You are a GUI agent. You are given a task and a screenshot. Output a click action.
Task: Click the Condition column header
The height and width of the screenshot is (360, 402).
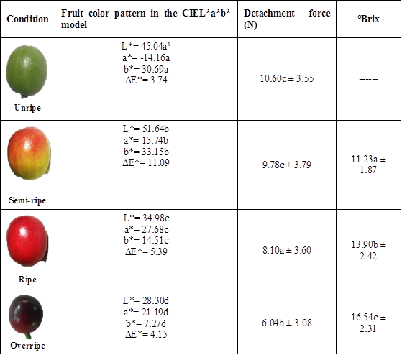[x=27, y=19]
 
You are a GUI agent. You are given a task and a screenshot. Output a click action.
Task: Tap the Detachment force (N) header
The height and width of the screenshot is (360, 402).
[x=286, y=19]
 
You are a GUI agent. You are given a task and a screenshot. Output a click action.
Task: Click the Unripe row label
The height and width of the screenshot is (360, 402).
[x=27, y=107]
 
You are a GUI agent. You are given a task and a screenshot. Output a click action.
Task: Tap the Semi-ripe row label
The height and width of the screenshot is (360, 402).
[x=27, y=200]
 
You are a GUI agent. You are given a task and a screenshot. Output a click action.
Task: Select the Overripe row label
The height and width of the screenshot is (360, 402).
[x=27, y=346]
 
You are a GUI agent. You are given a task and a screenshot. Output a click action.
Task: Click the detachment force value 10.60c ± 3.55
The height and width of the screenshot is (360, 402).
[x=286, y=78]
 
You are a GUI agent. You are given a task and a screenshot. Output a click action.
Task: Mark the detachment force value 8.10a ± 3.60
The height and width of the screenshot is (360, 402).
[x=286, y=249]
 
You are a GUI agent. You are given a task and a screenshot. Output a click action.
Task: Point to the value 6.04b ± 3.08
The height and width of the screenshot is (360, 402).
[x=286, y=323]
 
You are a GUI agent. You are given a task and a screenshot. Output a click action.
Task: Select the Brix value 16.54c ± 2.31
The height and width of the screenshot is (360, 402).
[x=367, y=323]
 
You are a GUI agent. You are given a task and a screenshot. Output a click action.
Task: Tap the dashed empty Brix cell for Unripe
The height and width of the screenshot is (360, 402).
[x=367, y=78]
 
